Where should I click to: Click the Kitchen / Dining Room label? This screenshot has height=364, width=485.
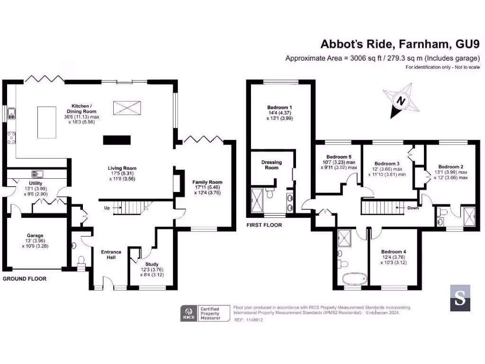pos(81,109)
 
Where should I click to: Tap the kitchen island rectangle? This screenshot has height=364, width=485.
pos(48,122)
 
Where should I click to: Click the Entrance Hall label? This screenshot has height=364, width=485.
pos(111,255)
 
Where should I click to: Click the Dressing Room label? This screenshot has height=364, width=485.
pos(271,165)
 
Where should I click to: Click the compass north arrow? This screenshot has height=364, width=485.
pos(401,101)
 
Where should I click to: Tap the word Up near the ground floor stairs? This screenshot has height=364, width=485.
pos(108,208)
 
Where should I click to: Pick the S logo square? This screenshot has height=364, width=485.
pos(460,298)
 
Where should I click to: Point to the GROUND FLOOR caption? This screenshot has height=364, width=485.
pos(25,279)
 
